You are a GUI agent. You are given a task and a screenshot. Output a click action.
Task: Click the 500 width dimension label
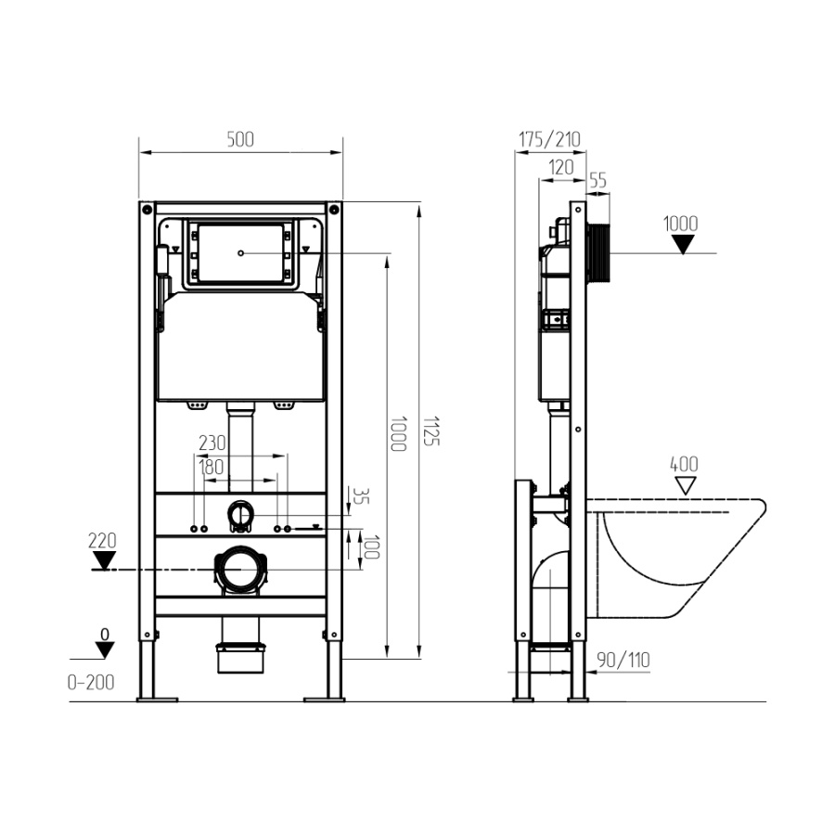click(240, 139)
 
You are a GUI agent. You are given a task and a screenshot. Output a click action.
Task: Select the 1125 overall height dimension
click(431, 430)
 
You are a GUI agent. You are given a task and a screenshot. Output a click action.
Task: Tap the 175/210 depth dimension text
click(549, 139)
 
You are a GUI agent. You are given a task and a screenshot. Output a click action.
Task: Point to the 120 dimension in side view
click(561, 167)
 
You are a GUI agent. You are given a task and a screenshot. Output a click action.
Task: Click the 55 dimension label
click(598, 181)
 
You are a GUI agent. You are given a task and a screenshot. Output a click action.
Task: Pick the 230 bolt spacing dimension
click(212, 443)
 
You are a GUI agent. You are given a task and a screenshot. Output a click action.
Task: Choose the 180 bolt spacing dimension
click(212, 468)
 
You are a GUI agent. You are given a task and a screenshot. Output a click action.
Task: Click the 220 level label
click(102, 541)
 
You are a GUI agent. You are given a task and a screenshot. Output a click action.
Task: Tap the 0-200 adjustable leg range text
click(91, 683)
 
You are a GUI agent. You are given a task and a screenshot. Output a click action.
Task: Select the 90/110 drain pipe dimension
click(623, 661)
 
